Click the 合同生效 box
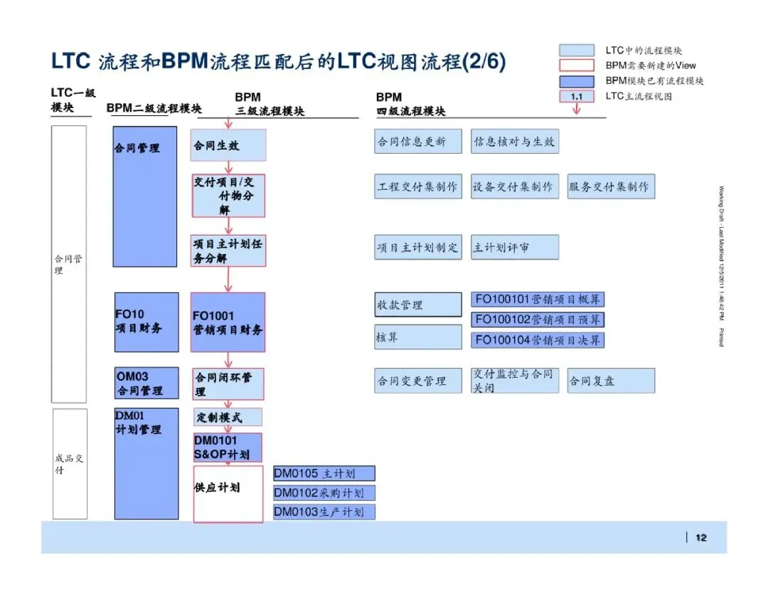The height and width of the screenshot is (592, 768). coord(228,145)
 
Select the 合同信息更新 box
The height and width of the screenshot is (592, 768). coord(418,142)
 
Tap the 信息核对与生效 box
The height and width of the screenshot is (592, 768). coord(515,142)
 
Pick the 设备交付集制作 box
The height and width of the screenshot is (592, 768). coord(515,186)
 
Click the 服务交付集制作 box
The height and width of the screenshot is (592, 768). coord(611,186)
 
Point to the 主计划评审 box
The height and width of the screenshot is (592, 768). coord(515,248)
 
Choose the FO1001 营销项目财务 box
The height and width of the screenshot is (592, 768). coord(228,322)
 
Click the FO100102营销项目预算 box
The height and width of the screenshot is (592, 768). coord(538,319)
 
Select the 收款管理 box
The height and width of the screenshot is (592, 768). coord(418,305)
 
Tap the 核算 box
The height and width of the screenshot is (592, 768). coord(418,337)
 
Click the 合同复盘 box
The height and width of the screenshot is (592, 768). coord(611,381)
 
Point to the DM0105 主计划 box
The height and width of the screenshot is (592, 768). coord(324,474)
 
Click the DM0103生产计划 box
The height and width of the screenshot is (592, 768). coord(324,512)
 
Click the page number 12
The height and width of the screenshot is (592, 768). coord(701,537)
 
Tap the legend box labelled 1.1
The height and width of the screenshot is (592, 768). coord(577,96)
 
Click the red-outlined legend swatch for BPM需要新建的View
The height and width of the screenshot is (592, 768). coord(577,65)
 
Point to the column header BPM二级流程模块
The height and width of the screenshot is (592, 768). coord(154,108)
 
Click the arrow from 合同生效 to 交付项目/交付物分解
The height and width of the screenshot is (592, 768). coord(228,167)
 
